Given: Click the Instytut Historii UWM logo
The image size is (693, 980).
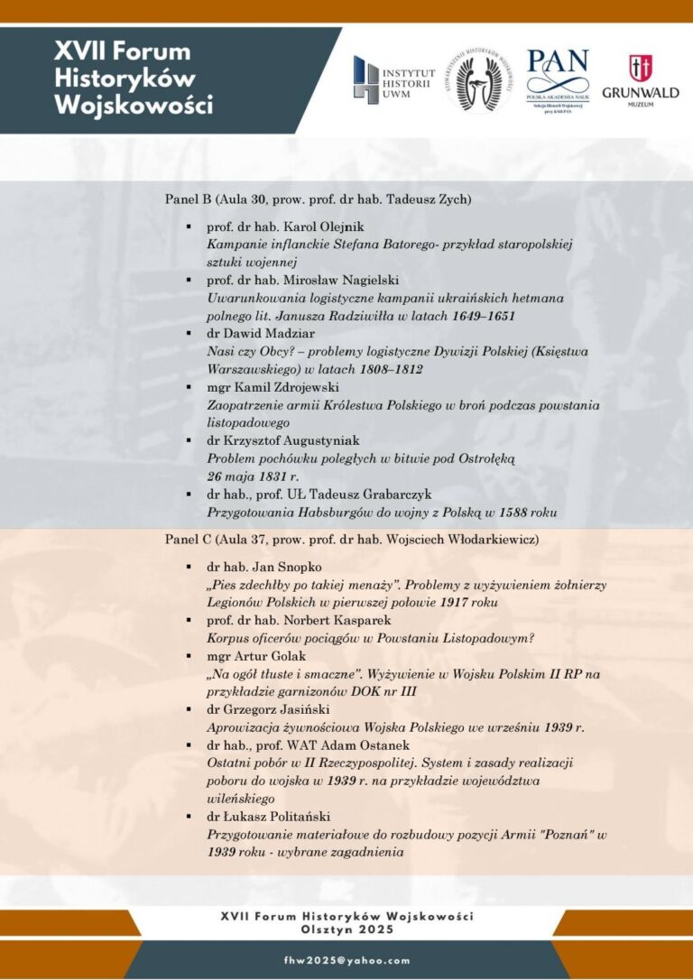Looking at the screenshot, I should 393,79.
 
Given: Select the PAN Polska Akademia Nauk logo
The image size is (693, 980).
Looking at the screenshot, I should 557,79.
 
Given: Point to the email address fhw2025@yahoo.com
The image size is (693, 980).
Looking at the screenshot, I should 346,961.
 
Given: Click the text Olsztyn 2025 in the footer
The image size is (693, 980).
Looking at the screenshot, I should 346,928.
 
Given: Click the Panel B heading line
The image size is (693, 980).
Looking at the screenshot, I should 318,198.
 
